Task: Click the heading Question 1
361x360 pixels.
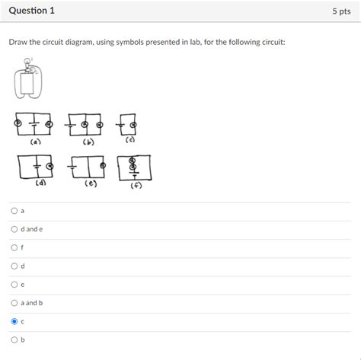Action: coord(32,11)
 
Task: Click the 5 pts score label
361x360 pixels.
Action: coord(340,12)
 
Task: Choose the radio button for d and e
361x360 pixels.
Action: coord(14,228)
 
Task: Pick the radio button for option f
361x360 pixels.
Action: coord(14,247)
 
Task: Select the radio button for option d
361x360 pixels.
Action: coord(14,266)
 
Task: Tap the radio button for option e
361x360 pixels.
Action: coord(14,284)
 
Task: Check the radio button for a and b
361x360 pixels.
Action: coord(14,302)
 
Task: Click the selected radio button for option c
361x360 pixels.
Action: coord(14,321)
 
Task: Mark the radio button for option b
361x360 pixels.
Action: coord(14,339)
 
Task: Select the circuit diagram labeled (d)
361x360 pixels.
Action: coord(37,167)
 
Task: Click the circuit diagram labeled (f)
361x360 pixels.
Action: coord(134,167)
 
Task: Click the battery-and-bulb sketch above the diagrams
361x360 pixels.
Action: coord(28,82)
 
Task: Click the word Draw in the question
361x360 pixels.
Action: coord(18,42)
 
